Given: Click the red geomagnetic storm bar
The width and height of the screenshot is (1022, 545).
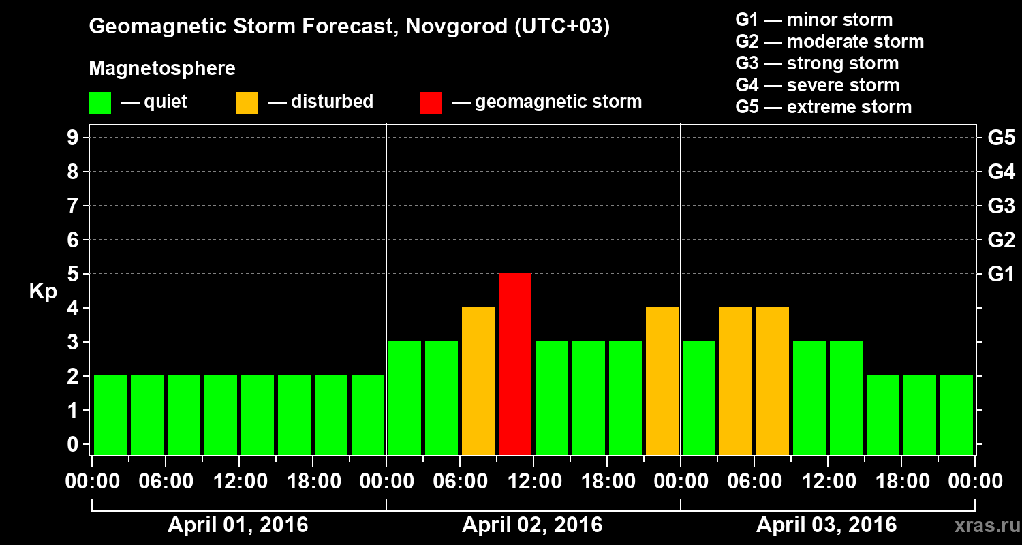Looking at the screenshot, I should [x=515, y=364].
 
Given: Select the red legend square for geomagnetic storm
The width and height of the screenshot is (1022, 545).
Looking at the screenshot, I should [x=431, y=102].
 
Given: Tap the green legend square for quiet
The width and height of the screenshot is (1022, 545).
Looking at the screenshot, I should [x=99, y=102].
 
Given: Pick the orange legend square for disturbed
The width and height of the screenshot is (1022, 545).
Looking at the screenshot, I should [x=247, y=102].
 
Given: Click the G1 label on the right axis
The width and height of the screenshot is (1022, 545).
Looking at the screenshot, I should [x=1001, y=274].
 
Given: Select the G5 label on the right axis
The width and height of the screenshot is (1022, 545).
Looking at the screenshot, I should [x=1001, y=138].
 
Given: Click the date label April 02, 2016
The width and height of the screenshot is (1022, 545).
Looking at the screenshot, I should [x=532, y=525].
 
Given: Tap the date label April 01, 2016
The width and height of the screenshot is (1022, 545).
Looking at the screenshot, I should [x=238, y=525].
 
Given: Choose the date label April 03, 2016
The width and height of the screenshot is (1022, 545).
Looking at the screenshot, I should [x=826, y=525].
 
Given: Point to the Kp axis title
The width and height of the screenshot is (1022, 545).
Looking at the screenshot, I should [x=43, y=292].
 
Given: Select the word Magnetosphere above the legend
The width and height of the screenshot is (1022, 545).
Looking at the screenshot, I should [x=162, y=69].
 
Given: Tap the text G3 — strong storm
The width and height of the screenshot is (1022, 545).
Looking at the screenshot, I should [x=817, y=63].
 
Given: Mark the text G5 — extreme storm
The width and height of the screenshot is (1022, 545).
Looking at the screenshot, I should [x=823, y=107].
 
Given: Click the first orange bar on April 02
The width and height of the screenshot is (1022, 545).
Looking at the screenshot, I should [x=478, y=381].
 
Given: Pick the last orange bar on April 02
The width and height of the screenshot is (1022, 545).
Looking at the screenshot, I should [x=662, y=381].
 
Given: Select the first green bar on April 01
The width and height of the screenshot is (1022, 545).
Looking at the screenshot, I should [x=110, y=415].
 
